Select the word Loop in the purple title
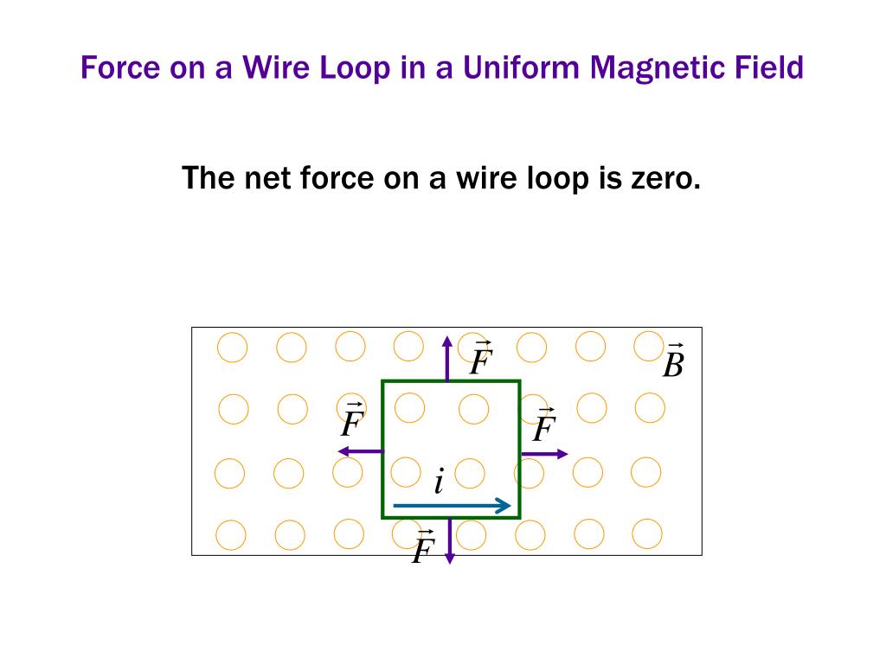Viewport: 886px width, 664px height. pyautogui.click(x=355, y=67)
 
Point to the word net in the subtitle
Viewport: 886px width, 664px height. pyautogui.click(x=268, y=179)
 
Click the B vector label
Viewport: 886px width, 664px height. pyautogui.click(x=672, y=363)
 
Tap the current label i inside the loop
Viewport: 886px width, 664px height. pyautogui.click(x=440, y=482)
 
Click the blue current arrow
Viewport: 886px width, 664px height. pyautogui.click(x=453, y=506)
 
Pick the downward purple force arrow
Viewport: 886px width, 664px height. pyautogui.click(x=449, y=541)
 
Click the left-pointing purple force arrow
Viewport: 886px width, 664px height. pyautogui.click(x=360, y=450)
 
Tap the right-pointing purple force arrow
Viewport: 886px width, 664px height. pyautogui.click(x=544, y=453)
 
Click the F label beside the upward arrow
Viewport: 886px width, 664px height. pyautogui.click(x=481, y=360)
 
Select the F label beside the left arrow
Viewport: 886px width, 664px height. pyautogui.click(x=352, y=421)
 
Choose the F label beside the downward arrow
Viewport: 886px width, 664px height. pyautogui.click(x=422, y=547)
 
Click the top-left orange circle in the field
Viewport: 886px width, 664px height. pyautogui.click(x=232, y=348)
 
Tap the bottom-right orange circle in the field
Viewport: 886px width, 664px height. pyautogui.click(x=646, y=533)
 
